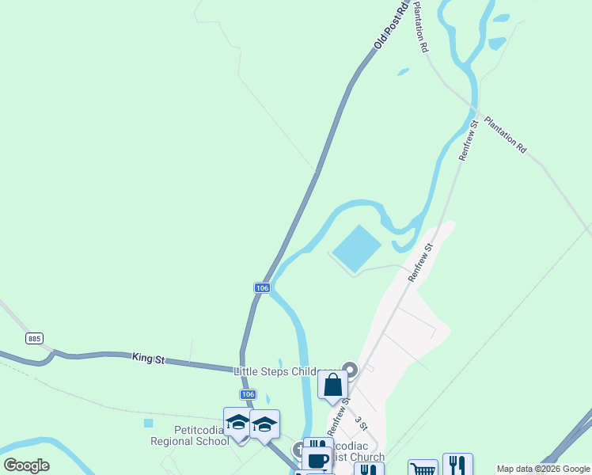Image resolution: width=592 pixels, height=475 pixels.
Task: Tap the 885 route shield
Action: [x=34, y=339]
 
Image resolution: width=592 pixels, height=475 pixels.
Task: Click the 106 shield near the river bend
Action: [x=264, y=288]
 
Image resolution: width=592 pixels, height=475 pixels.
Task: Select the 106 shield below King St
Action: [x=248, y=394]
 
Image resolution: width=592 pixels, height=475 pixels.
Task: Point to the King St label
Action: [x=148, y=359]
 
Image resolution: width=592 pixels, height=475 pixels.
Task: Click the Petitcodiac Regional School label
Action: [x=190, y=435]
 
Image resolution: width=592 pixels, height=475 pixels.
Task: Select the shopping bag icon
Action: [x=333, y=386]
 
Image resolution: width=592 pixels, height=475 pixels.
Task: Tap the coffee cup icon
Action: [x=317, y=460]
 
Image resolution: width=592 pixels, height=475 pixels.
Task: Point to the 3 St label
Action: [x=361, y=423]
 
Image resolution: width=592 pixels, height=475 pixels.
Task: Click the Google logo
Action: [x=26, y=465]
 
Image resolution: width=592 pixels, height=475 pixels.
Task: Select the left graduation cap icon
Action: [x=237, y=423]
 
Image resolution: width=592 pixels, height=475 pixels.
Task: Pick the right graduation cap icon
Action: [x=264, y=424]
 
